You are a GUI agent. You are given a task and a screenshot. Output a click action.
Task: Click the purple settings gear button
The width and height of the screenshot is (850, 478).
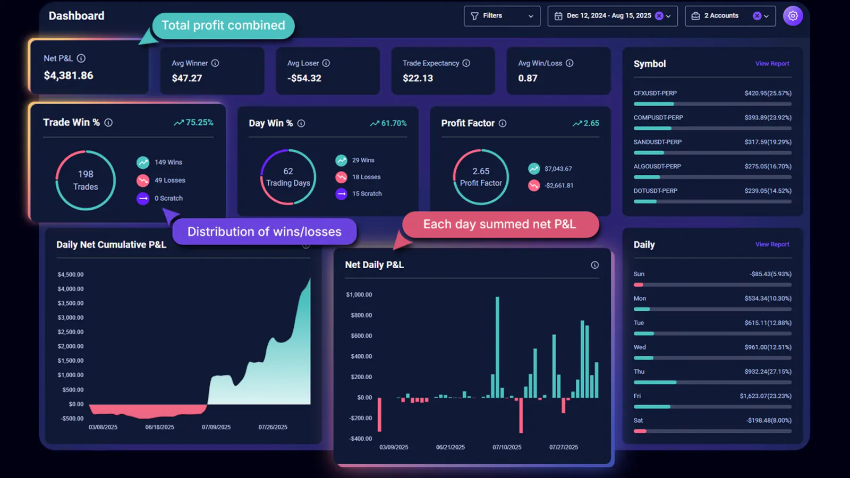[793, 16]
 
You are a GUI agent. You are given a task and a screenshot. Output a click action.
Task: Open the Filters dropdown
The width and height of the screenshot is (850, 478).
[501, 16]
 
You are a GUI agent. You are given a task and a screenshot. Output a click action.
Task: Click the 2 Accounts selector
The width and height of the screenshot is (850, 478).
[729, 16]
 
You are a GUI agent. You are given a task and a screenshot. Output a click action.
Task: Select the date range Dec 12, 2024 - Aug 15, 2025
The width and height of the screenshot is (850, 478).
[608, 16]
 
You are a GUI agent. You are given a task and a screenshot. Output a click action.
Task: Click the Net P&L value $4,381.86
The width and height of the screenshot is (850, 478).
[69, 75]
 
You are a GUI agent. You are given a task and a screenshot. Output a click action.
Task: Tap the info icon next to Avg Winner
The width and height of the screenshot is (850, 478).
[215, 63]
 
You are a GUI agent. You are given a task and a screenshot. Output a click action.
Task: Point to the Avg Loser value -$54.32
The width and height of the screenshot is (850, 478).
[304, 78]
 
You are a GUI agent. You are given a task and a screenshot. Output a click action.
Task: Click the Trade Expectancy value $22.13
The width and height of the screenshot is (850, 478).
[418, 78]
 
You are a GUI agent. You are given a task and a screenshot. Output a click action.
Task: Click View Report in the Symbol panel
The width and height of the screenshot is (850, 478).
[772, 64]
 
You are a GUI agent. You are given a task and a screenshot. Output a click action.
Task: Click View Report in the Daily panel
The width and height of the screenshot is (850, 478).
[772, 244]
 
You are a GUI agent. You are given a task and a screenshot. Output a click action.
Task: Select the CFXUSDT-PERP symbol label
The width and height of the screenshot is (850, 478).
[655, 93]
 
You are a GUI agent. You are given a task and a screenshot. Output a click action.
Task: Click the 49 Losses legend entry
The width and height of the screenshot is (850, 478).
[169, 181]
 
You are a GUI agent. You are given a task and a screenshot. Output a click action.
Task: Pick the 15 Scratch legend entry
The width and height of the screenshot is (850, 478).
[367, 194]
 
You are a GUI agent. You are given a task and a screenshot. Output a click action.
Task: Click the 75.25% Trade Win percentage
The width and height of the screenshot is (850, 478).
[199, 123]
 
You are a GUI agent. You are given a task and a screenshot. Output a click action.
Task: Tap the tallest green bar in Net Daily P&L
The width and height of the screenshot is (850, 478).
[497, 347]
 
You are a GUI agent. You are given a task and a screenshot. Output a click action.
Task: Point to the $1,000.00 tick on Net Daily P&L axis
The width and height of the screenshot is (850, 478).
[359, 295]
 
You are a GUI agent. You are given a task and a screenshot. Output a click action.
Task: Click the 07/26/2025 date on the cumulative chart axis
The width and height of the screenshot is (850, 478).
[273, 427]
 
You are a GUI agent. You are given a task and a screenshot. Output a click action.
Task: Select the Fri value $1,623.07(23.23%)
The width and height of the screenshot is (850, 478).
[765, 396]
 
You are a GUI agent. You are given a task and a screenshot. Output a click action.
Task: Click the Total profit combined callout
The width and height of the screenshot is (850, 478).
[223, 25]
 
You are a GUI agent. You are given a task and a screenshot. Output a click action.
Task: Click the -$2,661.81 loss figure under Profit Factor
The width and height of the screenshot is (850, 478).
[558, 186]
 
